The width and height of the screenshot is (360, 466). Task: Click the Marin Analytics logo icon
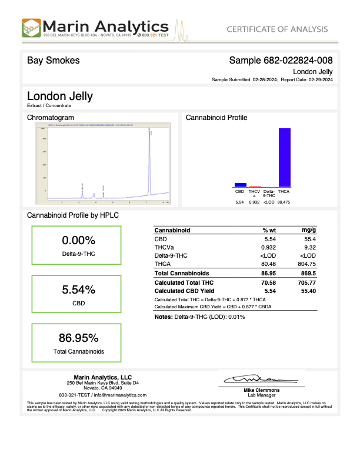pos(32,28)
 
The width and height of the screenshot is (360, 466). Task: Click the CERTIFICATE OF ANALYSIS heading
pos(276,29)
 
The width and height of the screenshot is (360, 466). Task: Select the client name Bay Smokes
pos(54,61)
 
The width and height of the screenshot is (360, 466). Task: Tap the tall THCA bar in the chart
pos(284,157)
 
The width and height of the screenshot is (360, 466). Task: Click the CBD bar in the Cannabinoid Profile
pos(240,184)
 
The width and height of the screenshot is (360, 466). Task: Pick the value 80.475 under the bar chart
pos(284,202)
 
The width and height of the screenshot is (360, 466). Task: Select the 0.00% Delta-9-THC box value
pos(78,240)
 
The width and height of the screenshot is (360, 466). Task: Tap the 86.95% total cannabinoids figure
pos(78,338)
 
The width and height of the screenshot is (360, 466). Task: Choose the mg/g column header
pos(309,231)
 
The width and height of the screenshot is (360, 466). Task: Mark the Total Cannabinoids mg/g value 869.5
pos(307,274)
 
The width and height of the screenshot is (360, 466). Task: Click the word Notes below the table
pos(162,317)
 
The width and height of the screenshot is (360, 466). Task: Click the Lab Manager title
pos(261,394)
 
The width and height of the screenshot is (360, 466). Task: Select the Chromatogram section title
pos(51,118)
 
